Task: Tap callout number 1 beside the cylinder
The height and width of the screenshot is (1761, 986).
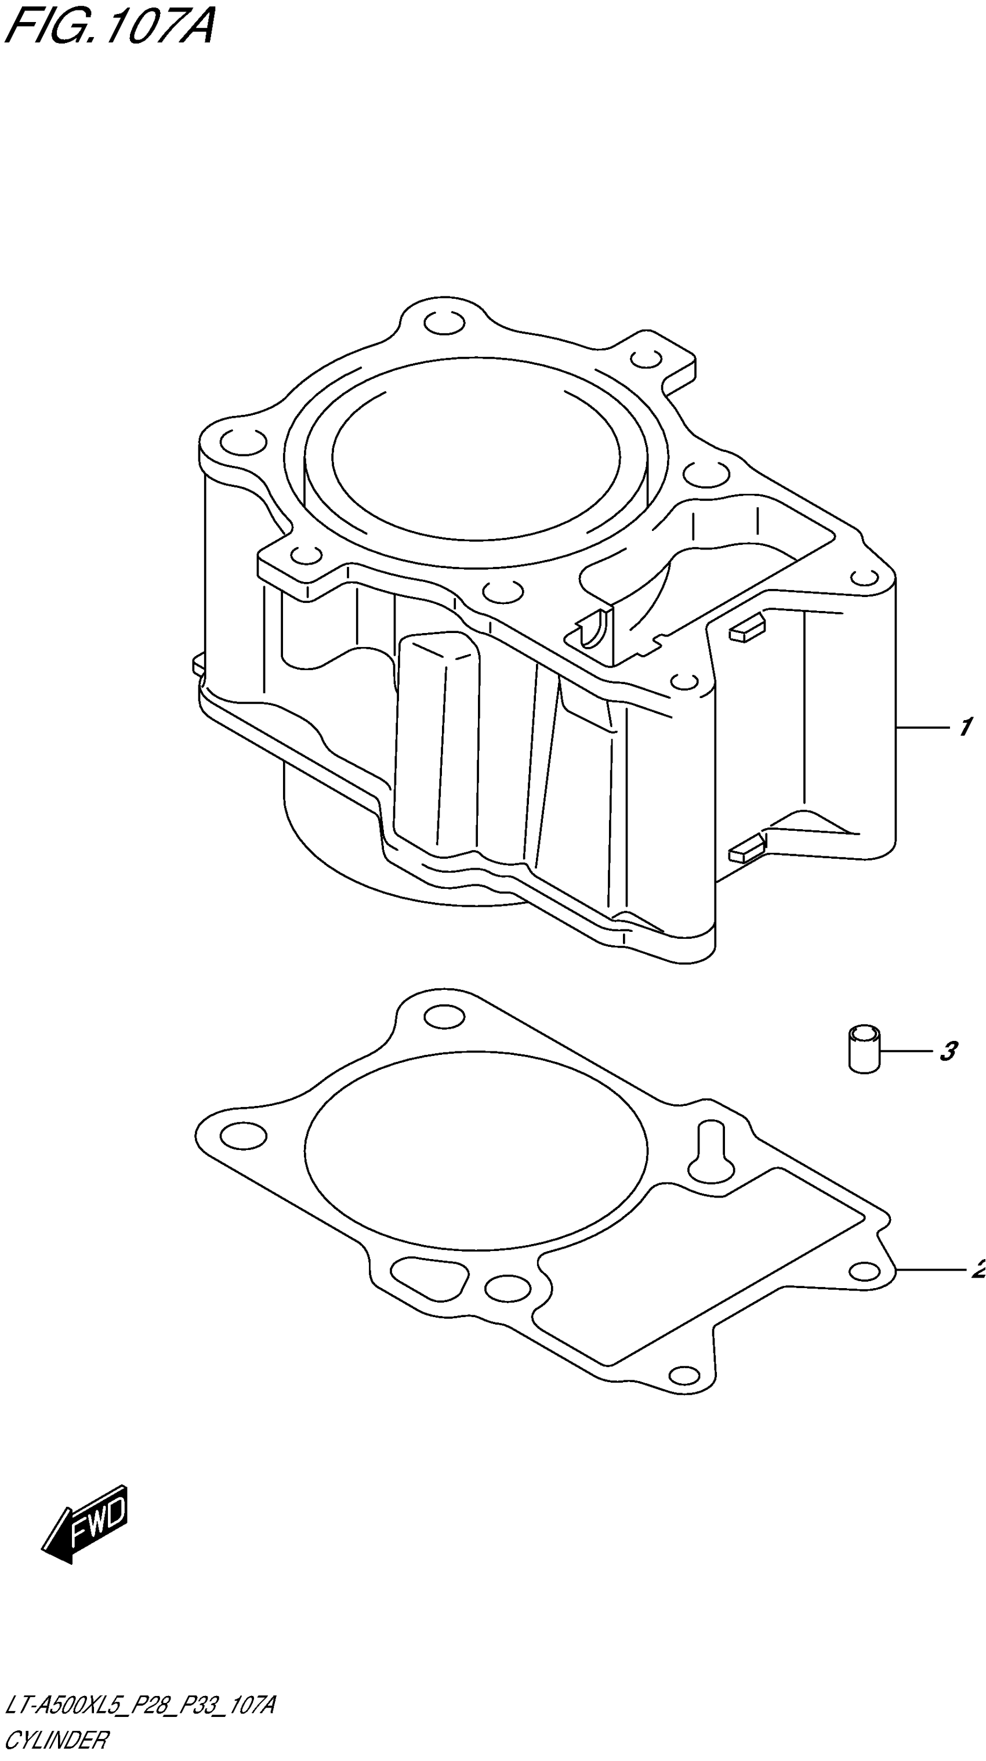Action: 965,726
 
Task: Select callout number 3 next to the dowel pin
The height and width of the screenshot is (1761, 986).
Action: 948,1051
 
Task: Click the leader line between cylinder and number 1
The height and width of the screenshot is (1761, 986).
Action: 922,728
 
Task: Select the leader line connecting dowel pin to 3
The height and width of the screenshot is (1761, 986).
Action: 905,1050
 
